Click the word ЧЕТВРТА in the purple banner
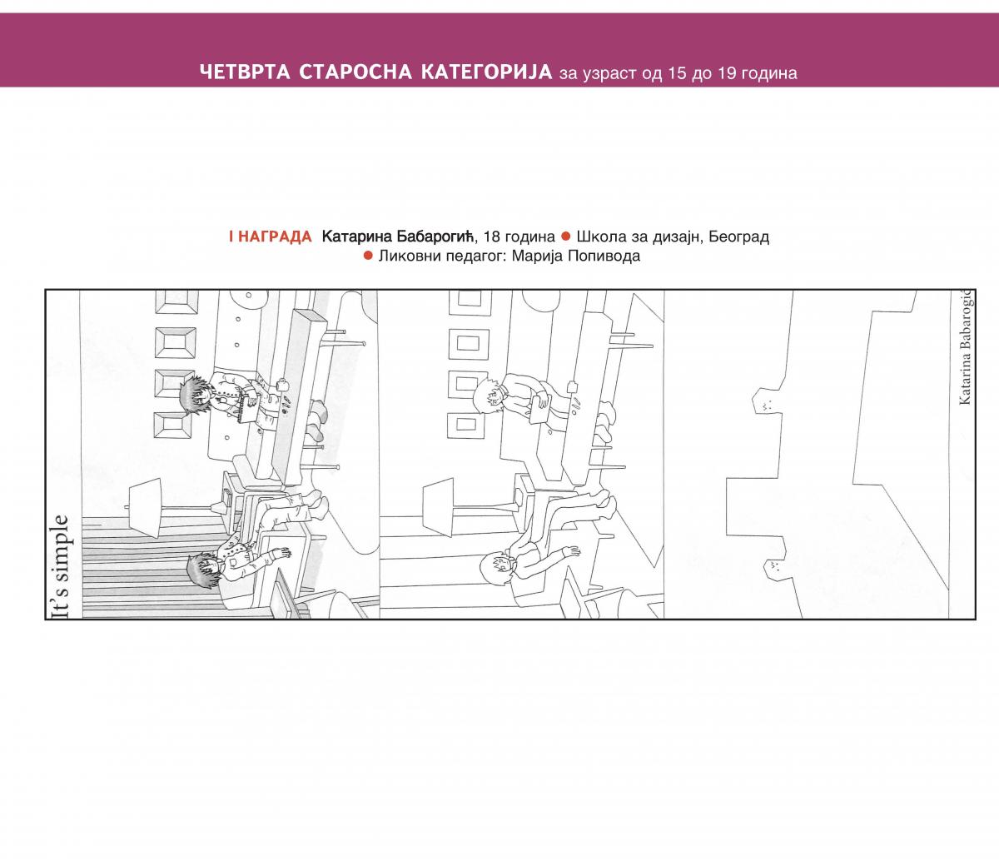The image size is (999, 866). coord(245,72)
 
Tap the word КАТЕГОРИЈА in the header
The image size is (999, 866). coord(487,72)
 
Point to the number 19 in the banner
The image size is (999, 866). coord(728,73)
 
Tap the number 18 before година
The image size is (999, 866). coord(493,237)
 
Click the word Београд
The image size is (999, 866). coord(738,237)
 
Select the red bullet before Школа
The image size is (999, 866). coord(566,236)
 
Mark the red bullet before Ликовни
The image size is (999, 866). coord(368,256)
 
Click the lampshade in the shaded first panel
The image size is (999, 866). coord(145,508)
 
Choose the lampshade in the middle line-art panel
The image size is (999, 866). coord(438,506)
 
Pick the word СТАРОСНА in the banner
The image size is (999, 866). coord(355,72)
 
